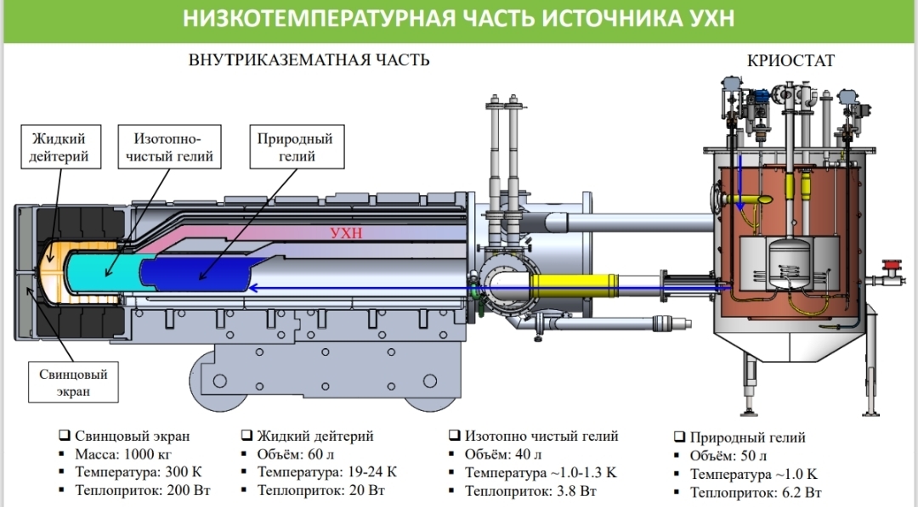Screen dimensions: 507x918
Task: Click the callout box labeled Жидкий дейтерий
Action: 60,147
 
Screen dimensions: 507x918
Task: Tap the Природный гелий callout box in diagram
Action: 295,147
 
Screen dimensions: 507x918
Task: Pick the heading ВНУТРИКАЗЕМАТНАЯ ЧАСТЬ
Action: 309,60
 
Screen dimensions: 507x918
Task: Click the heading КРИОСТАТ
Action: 790,60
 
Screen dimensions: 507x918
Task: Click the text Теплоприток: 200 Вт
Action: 142,490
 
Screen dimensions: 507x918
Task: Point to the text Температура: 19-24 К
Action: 327,472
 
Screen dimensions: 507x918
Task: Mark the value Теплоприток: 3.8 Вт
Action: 528,490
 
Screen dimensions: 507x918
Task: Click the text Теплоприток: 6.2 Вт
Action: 755,492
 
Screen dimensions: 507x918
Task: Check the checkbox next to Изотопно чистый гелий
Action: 455,436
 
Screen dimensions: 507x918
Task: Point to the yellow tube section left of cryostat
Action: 574,281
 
